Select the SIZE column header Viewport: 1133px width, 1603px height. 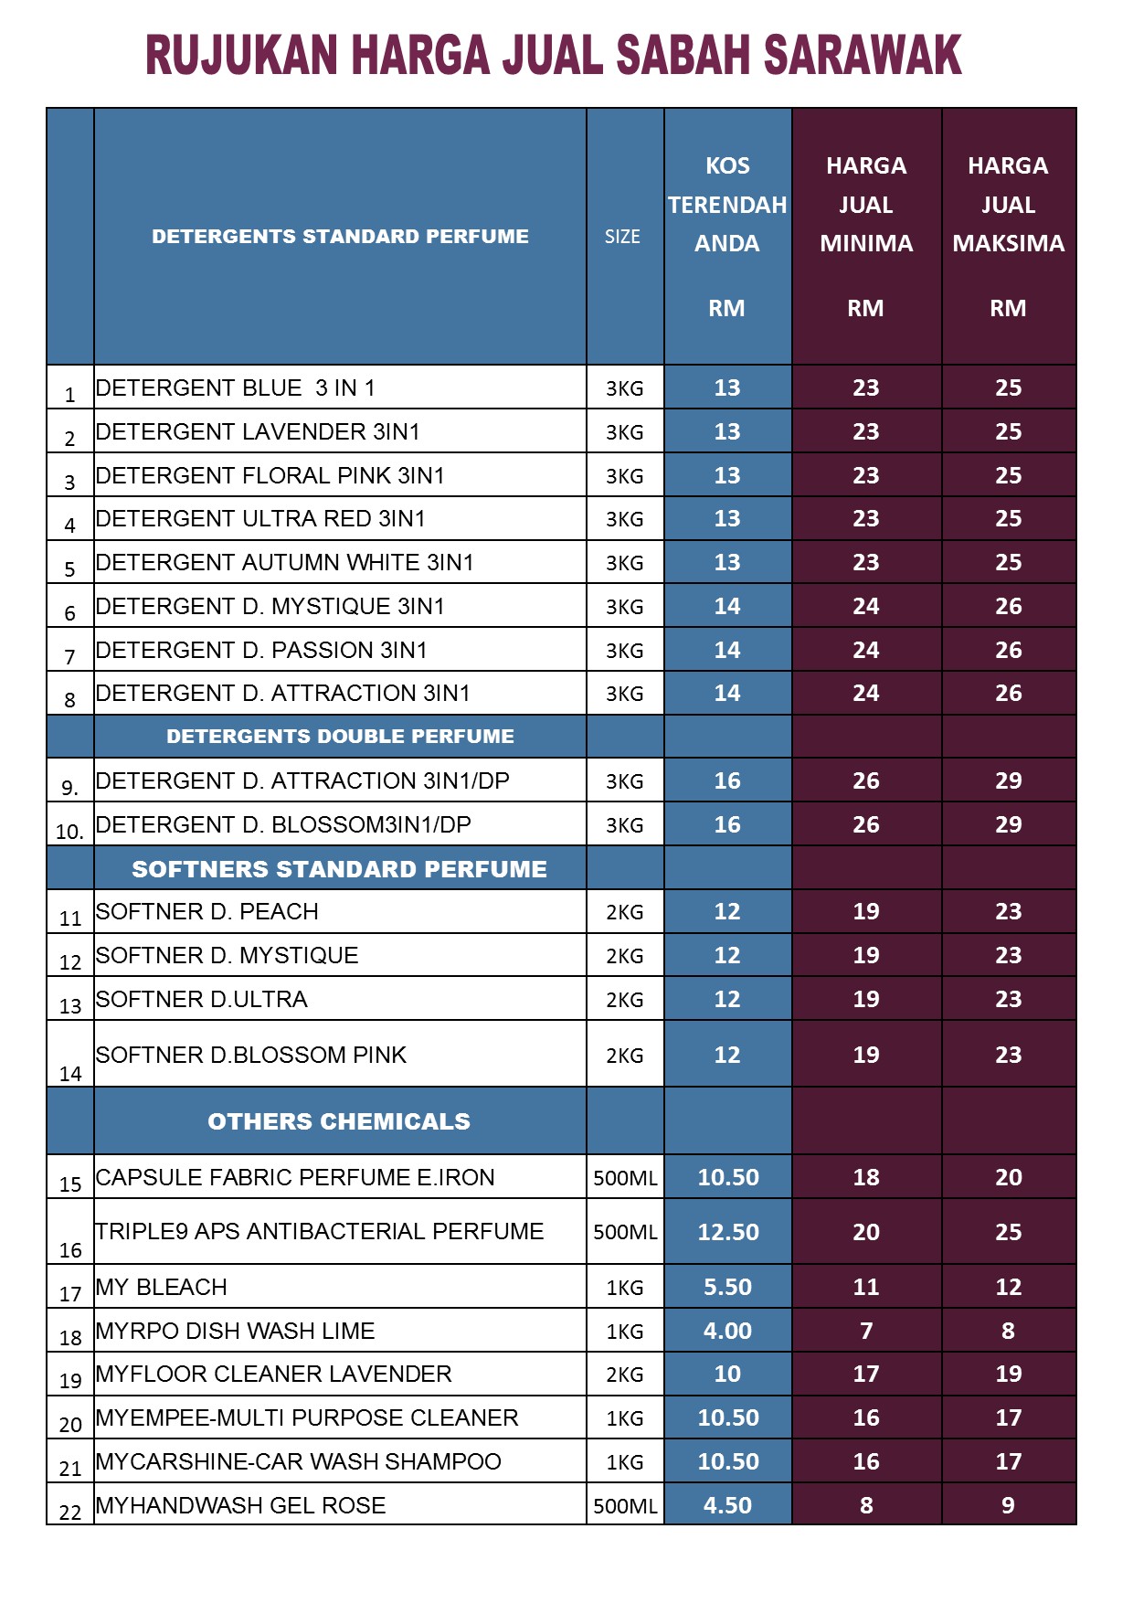pos(622,237)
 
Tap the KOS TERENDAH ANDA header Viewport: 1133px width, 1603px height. pos(727,205)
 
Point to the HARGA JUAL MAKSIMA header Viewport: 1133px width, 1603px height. pos(1008,205)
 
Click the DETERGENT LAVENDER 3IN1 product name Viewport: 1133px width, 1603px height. pos(258,431)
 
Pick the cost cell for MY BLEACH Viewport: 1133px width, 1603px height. pos(727,1287)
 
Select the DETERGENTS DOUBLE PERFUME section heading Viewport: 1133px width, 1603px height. pos(340,737)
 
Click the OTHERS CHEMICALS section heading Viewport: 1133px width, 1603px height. pos(339,1121)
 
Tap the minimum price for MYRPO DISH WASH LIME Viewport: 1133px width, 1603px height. pos(866,1331)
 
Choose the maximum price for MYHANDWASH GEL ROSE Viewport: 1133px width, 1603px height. pos(1008,1505)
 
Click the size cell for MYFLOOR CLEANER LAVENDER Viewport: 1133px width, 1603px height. pos(625,1375)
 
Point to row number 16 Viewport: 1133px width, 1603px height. pos(70,1250)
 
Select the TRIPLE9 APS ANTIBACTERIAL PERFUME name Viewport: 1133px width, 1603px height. pos(320,1232)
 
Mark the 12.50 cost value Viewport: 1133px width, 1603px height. pos(727,1232)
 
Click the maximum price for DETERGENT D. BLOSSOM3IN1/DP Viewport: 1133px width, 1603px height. pos(1008,824)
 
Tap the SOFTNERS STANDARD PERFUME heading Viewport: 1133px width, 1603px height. pos(339,869)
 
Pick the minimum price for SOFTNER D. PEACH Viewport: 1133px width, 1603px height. pos(866,911)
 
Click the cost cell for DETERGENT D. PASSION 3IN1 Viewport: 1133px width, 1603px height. pos(727,650)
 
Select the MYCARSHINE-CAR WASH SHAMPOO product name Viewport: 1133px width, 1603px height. pos(299,1461)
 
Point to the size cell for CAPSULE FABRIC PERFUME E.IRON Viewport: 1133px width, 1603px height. pos(625,1178)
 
